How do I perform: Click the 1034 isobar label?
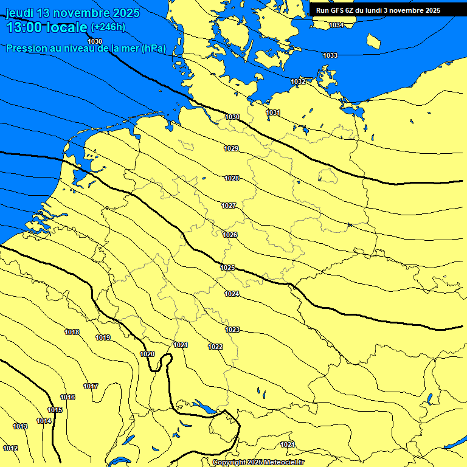(x=336, y=25)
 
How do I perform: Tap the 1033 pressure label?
(x=330, y=55)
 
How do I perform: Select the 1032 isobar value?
(x=298, y=81)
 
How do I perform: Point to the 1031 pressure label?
(x=273, y=112)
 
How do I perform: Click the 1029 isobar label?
(x=231, y=148)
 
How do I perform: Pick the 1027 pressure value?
(x=229, y=206)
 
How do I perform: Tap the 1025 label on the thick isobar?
(x=227, y=268)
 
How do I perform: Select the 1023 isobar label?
(x=232, y=330)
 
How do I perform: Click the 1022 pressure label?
(x=215, y=347)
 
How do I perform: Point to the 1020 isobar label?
(x=147, y=354)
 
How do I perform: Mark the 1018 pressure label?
(x=72, y=332)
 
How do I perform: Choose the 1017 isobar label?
(x=91, y=386)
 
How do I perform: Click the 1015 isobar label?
(x=55, y=410)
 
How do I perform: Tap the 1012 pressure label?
(x=10, y=448)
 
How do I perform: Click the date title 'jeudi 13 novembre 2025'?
(x=72, y=13)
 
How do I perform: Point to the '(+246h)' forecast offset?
(x=108, y=27)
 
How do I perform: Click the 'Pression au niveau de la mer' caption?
(x=85, y=49)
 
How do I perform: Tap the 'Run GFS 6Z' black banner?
(x=378, y=10)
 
